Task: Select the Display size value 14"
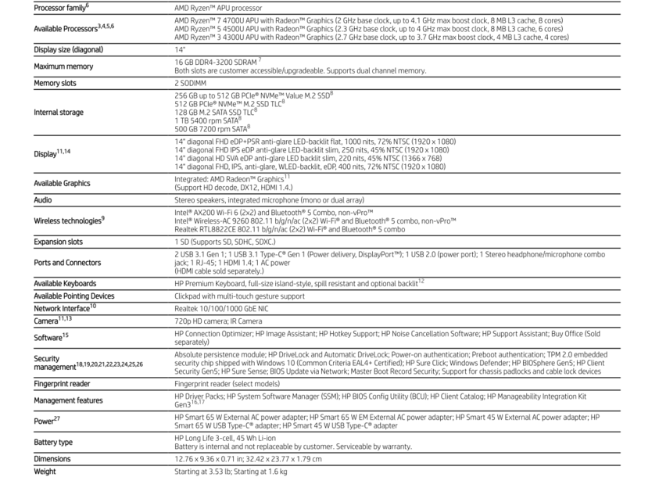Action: [x=179, y=49]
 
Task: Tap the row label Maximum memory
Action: [x=63, y=66]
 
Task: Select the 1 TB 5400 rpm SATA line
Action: [x=207, y=120]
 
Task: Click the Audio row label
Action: [x=43, y=200]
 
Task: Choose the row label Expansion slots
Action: [x=58, y=242]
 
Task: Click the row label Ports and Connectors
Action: [x=67, y=263]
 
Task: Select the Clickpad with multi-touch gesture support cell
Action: [x=239, y=296]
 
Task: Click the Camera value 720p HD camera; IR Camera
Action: [x=218, y=321]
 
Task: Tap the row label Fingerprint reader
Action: [x=62, y=384]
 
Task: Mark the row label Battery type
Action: [x=53, y=443]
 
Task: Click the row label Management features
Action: [x=68, y=400]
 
